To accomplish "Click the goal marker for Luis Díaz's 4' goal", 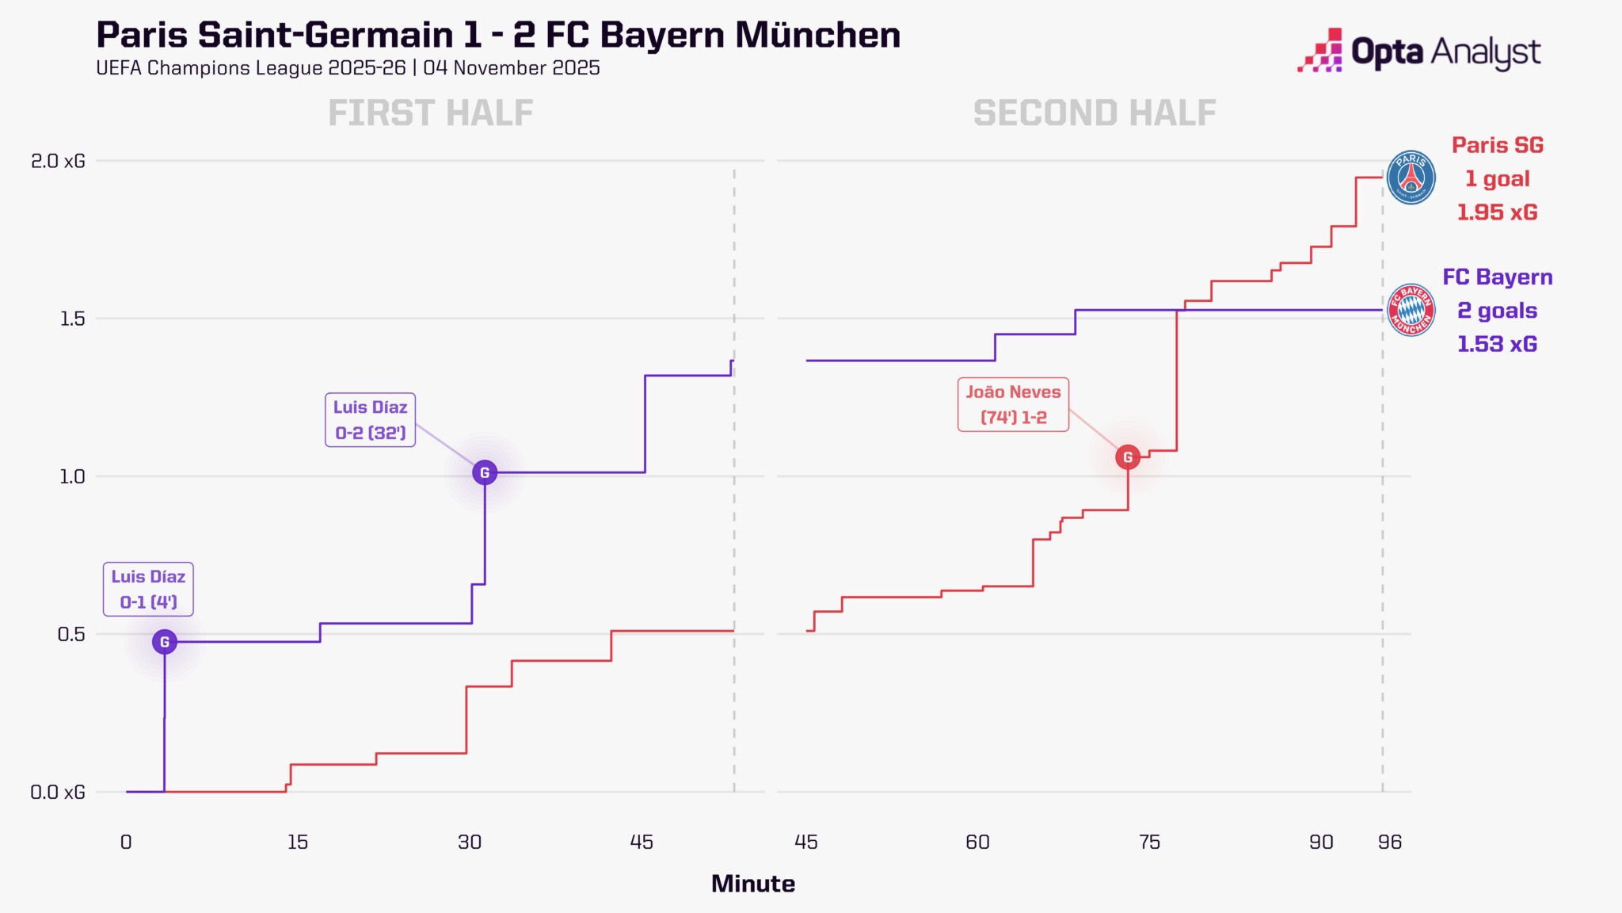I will [165, 642].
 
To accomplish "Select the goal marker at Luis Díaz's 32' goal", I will [485, 473].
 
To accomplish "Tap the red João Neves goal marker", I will [1128, 457].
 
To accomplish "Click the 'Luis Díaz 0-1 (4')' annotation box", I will [148, 589].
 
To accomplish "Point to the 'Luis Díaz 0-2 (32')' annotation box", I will [370, 420].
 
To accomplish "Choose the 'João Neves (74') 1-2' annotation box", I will [1013, 404].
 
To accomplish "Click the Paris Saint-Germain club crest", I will [1411, 178].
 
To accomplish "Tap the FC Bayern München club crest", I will [1411, 310].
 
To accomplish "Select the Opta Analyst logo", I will [1418, 52].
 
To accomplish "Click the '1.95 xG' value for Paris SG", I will [1497, 212].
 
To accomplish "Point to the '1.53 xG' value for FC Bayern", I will [1497, 344].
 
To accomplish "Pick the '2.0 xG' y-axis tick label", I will [58, 161].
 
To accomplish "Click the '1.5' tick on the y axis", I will [72, 319].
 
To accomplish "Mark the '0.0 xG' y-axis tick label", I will [58, 792].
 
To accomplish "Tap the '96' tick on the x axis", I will [1389, 842].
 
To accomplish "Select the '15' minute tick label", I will [298, 842].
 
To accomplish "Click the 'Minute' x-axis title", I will [752, 884].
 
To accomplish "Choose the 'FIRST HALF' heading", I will [431, 113].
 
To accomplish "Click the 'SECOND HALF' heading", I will [1095, 113].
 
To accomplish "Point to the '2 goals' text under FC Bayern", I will [1497, 311].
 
